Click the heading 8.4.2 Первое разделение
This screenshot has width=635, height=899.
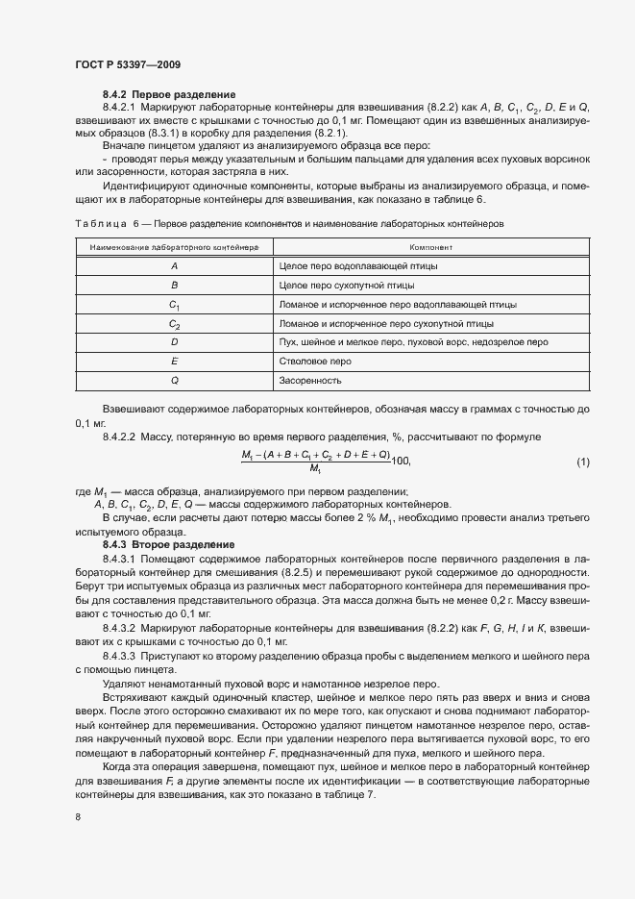(x=168, y=95)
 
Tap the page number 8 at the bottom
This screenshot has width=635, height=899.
(x=77, y=816)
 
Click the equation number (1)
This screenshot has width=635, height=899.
(x=582, y=462)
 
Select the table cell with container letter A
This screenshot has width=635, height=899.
(x=174, y=265)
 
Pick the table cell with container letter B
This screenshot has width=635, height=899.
(x=174, y=285)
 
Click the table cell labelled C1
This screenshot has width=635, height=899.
(x=174, y=304)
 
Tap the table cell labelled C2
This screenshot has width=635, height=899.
(x=174, y=323)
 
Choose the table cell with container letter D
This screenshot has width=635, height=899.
(x=174, y=341)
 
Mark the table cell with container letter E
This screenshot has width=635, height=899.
(x=174, y=361)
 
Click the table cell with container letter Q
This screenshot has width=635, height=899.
(x=174, y=380)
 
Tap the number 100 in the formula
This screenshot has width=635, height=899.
(x=401, y=462)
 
